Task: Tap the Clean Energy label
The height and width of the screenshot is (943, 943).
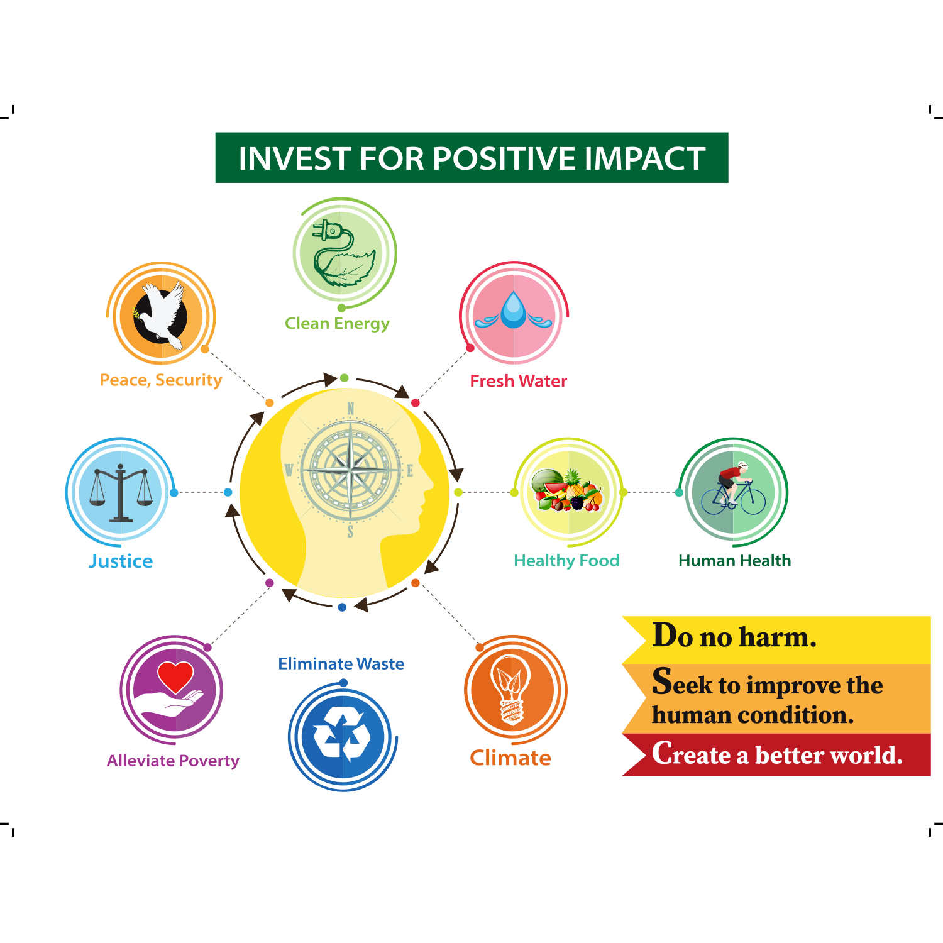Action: click(x=337, y=324)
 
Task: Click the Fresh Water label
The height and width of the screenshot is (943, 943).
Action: click(x=519, y=381)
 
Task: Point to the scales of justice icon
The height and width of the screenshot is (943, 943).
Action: click(x=121, y=494)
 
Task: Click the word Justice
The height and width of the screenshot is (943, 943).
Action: click(x=121, y=561)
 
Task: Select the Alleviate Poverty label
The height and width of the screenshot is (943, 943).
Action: click(x=173, y=761)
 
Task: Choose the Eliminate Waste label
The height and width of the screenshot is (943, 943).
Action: click(x=341, y=664)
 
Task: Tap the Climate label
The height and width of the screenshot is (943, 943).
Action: click(x=510, y=758)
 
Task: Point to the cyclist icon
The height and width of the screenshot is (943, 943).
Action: click(x=733, y=489)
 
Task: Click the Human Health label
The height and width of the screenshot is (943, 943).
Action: click(x=735, y=561)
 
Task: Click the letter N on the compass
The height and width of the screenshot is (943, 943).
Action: click(x=351, y=409)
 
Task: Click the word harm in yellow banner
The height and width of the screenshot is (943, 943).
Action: click(x=778, y=637)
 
